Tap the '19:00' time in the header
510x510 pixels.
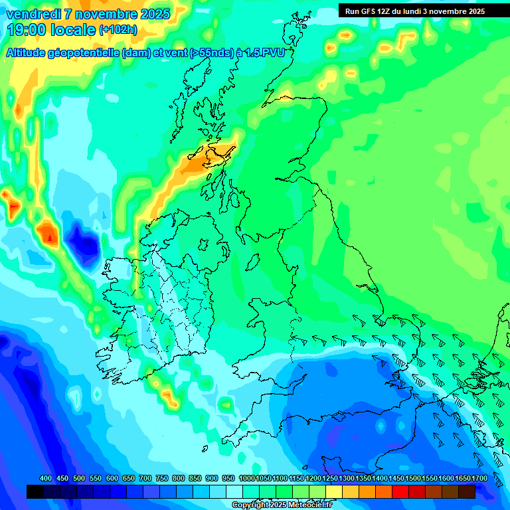coord(27,29)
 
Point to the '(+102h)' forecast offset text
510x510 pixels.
coord(118,29)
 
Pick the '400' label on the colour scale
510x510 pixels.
coord(46,478)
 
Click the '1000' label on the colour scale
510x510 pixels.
coord(246,478)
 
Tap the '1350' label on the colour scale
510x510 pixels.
coord(363,478)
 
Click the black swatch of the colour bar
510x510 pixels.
coord(35,491)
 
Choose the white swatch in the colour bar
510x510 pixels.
coord(234,491)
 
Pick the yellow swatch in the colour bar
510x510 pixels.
coord(334,491)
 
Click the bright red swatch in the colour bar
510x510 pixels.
coord(400,491)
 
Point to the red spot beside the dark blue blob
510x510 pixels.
coord(48,235)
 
